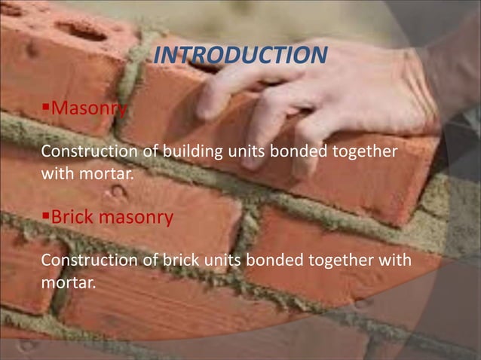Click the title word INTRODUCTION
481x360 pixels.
[240, 55]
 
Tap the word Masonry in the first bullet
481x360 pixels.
[87, 111]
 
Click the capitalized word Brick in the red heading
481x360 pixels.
[74, 218]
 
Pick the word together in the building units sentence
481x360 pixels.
[366, 151]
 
